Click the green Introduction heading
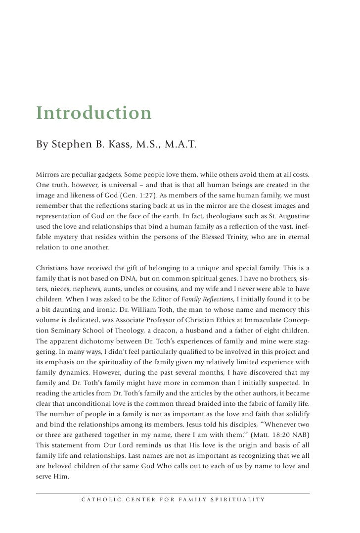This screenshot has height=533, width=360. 93,113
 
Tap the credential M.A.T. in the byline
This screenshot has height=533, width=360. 178,145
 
